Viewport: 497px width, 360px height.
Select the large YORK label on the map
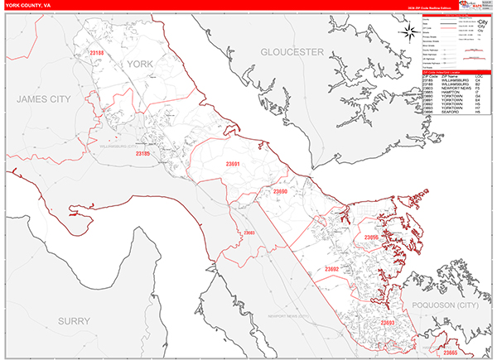(x=140, y=63)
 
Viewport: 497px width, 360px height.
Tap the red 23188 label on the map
(x=99, y=54)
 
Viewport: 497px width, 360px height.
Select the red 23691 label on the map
(x=234, y=164)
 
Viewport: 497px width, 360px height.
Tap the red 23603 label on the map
(x=248, y=233)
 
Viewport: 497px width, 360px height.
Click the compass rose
(x=408, y=32)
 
